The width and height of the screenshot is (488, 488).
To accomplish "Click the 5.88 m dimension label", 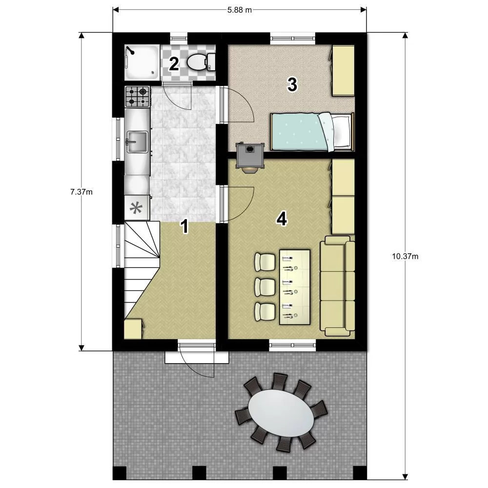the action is click(x=239, y=10).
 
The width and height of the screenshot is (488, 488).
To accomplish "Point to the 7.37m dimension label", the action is click(x=81, y=192).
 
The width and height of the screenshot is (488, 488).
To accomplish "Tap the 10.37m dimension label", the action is click(x=405, y=256).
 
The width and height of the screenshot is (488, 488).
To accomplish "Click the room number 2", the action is click(x=174, y=64).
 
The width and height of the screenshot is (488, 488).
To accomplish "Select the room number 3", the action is click(x=292, y=84).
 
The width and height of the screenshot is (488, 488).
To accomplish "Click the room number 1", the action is click(x=185, y=226).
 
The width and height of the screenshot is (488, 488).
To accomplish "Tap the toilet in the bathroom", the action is click(x=202, y=61).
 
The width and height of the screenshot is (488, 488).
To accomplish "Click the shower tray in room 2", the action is click(x=142, y=62).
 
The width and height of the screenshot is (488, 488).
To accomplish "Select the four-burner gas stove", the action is click(x=137, y=97).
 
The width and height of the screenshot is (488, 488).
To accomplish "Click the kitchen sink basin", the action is click(x=137, y=142).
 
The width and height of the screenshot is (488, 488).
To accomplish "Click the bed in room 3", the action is click(x=312, y=132).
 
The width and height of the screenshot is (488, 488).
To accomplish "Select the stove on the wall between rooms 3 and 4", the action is click(x=250, y=157).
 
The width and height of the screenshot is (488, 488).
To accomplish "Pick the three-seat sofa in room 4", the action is click(x=337, y=285).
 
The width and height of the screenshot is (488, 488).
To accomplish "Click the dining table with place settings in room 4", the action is click(x=295, y=287).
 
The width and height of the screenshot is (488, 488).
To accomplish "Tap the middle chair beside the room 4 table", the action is click(x=264, y=287).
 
